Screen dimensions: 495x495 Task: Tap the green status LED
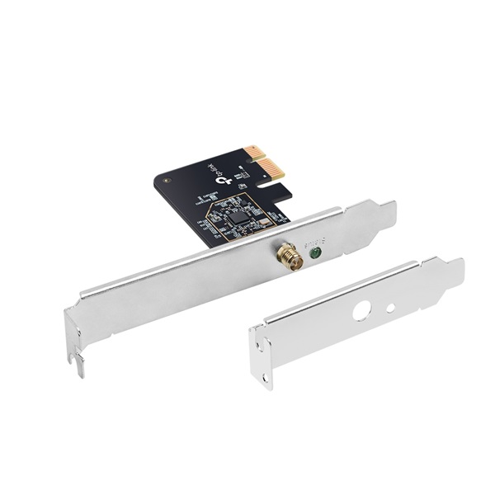pyautogui.click(x=315, y=256)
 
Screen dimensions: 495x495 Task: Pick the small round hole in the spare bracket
pyautogui.click(x=391, y=309)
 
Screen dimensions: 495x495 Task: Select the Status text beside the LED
pyautogui.click(x=315, y=243)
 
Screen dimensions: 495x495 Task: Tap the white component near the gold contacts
pyautogui.click(x=241, y=175)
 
